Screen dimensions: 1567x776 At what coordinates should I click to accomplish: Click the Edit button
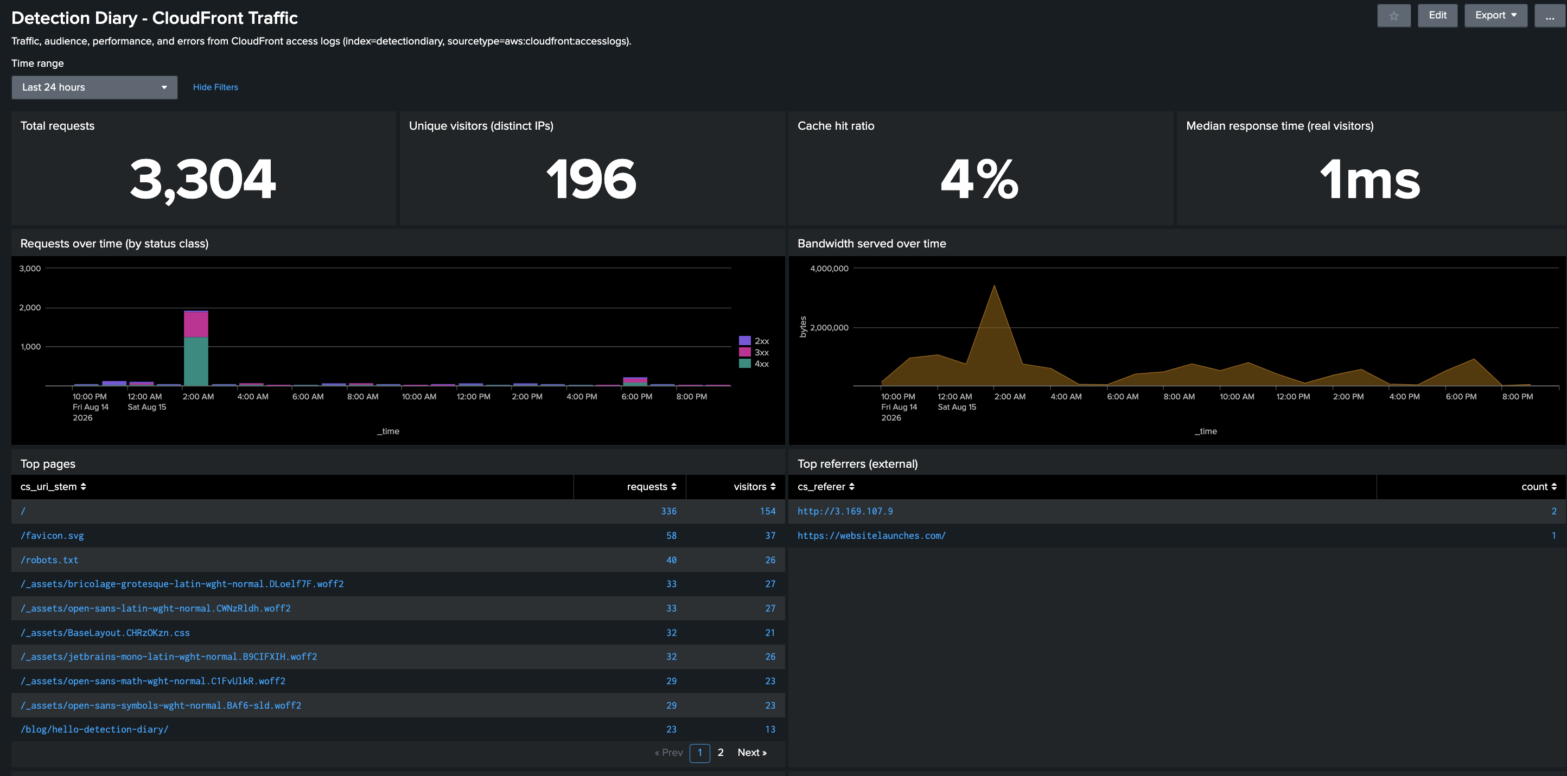pyautogui.click(x=1437, y=15)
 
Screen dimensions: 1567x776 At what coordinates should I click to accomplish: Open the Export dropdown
pyautogui.click(x=1496, y=15)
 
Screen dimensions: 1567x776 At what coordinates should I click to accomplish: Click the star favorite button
pyautogui.click(x=1393, y=15)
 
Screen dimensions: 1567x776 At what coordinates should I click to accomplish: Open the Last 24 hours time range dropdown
pyautogui.click(x=94, y=87)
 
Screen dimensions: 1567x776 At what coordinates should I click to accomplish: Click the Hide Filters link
pyautogui.click(x=215, y=87)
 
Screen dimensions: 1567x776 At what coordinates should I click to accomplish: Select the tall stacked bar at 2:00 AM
pyautogui.click(x=196, y=348)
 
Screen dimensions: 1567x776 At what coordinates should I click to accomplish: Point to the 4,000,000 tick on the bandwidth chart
pyautogui.click(x=829, y=268)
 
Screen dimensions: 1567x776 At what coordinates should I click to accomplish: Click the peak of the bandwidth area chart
pyautogui.click(x=994, y=285)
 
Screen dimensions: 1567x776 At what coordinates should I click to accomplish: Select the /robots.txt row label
pyautogui.click(x=49, y=559)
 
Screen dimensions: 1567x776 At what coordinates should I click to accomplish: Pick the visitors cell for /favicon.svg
pyautogui.click(x=770, y=535)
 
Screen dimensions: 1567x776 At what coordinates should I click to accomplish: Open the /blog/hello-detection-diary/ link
pyautogui.click(x=94, y=729)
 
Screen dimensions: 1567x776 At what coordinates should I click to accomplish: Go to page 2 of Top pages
pyautogui.click(x=720, y=752)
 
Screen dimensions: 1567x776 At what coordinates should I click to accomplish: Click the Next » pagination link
pyautogui.click(x=752, y=752)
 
